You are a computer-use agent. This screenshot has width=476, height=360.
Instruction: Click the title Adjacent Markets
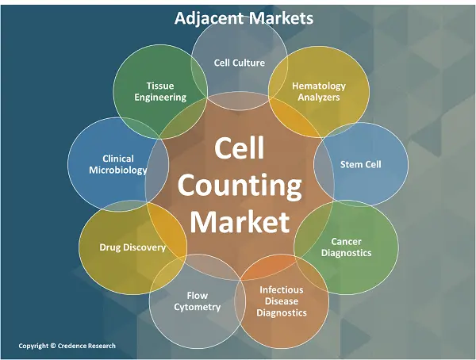(244, 18)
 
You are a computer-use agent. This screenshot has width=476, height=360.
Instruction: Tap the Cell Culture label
(240, 63)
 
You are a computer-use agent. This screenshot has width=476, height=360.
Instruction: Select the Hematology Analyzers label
(319, 91)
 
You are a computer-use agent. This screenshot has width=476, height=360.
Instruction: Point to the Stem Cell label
(361, 164)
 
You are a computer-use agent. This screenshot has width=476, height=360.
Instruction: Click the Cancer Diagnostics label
(347, 247)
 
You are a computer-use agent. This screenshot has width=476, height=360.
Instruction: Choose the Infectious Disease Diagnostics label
(282, 301)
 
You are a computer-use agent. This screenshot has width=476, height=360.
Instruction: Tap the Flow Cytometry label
(198, 301)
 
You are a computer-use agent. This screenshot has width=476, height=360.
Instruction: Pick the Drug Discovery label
(132, 247)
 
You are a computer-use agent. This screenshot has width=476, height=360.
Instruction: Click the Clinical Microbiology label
(118, 164)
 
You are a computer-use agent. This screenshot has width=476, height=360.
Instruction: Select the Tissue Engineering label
(160, 91)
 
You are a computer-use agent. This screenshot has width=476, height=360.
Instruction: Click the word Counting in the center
(240, 186)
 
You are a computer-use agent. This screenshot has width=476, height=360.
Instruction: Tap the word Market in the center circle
(240, 221)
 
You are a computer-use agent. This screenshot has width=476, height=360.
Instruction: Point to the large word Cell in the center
(240, 147)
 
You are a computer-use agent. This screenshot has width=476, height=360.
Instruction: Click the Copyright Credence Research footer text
(67, 346)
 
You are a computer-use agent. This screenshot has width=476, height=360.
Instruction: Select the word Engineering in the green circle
(160, 98)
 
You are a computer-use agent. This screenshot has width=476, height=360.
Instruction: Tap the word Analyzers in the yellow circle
(319, 97)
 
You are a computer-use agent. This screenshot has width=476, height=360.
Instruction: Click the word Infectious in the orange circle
(282, 290)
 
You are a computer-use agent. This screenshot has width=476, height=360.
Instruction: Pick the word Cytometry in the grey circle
(198, 307)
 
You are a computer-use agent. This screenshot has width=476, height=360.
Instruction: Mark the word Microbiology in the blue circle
(118, 170)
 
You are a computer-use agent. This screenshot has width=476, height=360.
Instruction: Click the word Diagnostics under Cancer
(347, 253)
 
